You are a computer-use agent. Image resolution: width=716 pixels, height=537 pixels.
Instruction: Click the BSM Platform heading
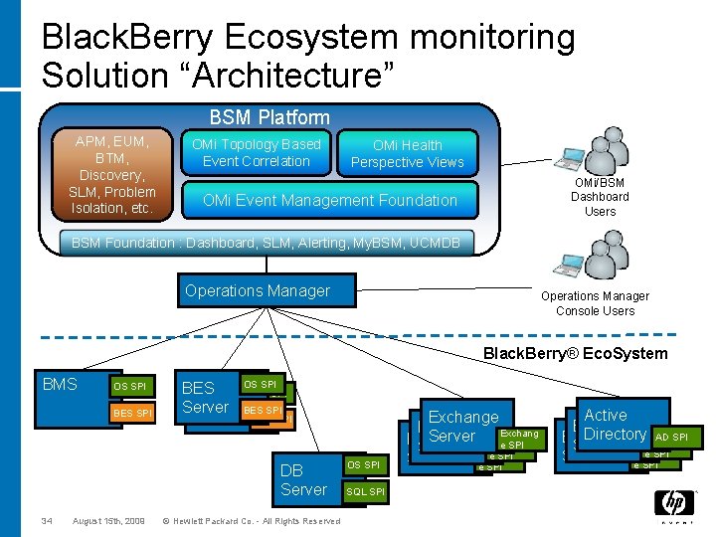coord(268,117)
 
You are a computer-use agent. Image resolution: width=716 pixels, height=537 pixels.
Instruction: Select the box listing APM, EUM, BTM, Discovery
coord(111,175)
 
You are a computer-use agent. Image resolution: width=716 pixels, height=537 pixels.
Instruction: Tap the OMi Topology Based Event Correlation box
coord(256,153)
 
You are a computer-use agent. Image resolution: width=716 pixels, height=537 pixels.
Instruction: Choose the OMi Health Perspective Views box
coord(407,153)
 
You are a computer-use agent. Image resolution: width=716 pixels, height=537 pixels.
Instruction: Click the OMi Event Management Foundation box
coord(329,200)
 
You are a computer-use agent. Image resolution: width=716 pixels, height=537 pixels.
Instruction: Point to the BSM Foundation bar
coord(265,243)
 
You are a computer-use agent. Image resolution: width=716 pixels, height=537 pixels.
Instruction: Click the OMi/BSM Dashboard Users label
coord(599,197)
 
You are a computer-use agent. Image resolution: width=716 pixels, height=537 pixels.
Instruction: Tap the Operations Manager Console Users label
coord(595,303)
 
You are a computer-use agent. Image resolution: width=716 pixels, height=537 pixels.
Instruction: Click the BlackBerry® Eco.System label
coord(575,354)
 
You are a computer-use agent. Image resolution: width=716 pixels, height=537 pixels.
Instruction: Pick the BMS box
coord(62,385)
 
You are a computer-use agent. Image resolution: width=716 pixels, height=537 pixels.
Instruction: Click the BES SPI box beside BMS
coord(132,413)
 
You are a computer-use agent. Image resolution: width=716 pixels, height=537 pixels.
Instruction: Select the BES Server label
coord(205,398)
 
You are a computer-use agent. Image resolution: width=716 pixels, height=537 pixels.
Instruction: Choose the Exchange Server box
coord(462,427)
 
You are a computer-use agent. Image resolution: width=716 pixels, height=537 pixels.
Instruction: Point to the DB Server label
coord(303,479)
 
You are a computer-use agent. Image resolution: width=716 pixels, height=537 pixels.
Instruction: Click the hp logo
coord(673,505)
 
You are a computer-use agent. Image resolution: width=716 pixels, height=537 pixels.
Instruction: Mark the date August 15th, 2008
coord(108,521)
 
